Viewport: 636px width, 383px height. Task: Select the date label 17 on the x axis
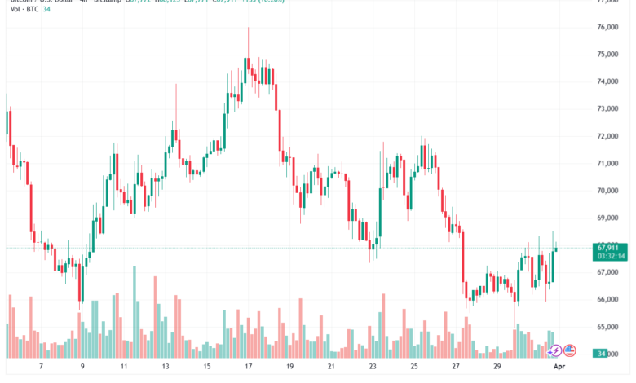click(246, 368)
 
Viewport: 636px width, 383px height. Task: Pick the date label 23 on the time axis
click(372, 368)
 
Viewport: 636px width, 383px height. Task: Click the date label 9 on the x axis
click(81, 368)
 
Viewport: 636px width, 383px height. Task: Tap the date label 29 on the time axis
click(497, 368)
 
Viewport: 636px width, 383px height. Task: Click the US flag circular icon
click(570, 350)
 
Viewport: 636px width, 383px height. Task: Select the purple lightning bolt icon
click(554, 350)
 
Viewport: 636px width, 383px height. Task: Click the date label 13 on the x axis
click(164, 368)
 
